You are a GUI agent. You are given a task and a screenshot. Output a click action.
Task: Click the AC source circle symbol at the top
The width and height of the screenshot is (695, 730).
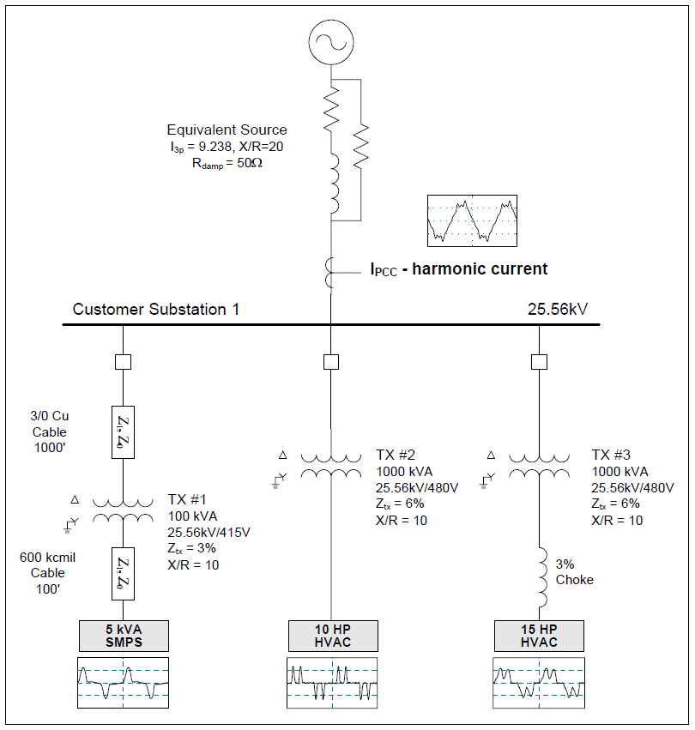[331, 42]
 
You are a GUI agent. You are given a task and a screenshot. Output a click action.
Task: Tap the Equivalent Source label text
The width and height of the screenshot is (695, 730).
[227, 130]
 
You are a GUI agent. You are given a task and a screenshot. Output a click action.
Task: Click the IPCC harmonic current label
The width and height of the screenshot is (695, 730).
[458, 269]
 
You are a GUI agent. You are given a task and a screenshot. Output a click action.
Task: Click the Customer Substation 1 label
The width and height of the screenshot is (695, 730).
[155, 310]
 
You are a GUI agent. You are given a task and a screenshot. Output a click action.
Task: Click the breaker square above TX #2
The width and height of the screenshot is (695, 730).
[331, 362]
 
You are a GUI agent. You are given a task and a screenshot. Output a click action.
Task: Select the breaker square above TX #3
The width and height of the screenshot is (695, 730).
[539, 362]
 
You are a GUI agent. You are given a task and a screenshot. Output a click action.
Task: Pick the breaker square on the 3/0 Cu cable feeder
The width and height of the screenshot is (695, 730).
[123, 362]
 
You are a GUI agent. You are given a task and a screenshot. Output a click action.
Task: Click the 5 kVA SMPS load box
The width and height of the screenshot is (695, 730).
[123, 636]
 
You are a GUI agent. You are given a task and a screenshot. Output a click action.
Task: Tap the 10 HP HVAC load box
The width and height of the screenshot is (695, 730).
[331, 636]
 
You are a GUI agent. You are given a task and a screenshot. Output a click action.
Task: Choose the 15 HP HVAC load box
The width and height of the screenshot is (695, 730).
[539, 636]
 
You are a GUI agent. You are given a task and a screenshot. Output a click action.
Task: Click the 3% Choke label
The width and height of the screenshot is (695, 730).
[574, 572]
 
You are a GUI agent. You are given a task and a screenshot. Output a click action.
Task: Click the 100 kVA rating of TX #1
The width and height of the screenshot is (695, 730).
[193, 517]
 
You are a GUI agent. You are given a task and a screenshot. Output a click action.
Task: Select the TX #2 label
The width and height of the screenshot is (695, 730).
[397, 455]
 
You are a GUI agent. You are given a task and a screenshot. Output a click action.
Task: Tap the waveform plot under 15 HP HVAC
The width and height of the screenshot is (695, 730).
[539, 682]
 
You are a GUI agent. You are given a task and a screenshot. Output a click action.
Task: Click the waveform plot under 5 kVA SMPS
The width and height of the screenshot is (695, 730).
[123, 682]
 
